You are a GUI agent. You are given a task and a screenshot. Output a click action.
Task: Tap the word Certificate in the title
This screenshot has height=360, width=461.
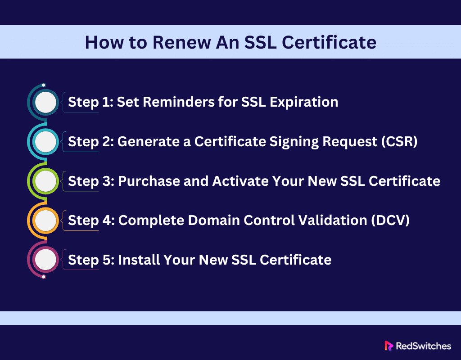(329, 42)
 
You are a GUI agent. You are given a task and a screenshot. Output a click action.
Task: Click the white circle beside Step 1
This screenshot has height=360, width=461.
(45, 102)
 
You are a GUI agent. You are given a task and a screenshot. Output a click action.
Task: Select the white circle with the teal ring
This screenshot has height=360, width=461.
(45, 142)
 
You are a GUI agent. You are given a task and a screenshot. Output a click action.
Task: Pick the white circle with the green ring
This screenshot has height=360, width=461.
(45, 181)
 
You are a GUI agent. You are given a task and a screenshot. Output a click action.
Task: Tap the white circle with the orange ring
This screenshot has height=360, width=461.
(45, 220)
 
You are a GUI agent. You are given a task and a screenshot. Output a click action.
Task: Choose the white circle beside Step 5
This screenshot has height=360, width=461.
(45, 260)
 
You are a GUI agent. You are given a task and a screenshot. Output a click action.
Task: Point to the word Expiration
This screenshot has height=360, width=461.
(304, 103)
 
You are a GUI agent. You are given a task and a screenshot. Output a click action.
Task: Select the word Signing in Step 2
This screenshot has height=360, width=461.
(294, 142)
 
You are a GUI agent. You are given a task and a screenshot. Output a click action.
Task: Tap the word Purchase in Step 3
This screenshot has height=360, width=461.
(149, 181)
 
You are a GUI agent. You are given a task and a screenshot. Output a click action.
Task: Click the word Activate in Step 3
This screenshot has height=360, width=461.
(240, 181)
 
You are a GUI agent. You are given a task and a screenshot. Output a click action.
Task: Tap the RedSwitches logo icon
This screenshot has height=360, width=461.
(389, 346)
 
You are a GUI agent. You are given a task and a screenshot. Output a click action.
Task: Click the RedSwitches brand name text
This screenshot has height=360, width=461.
(423, 346)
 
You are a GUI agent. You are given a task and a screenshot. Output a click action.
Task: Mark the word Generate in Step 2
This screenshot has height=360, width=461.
(149, 142)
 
